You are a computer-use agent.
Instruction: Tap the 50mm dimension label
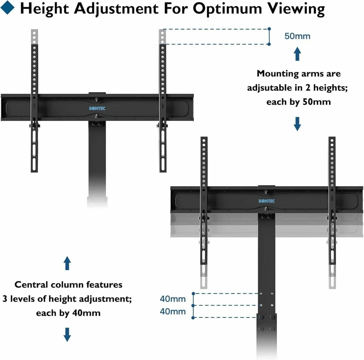(x=297, y=36)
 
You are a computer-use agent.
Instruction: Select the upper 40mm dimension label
(x=173, y=299)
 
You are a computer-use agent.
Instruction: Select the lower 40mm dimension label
(x=173, y=312)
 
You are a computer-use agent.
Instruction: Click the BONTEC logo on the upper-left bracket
(x=97, y=108)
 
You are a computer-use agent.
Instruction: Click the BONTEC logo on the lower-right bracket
(x=266, y=201)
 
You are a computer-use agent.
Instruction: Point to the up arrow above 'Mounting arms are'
(x=298, y=54)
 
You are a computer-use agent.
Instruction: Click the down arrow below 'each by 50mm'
(x=298, y=124)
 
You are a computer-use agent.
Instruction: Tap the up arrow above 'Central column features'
(x=67, y=263)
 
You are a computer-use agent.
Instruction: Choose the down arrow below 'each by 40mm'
(x=67, y=334)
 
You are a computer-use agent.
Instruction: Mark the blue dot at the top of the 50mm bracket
(x=269, y=29)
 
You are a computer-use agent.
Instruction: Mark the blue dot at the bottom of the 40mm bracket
(x=193, y=318)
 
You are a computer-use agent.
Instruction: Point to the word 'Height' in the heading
(x=44, y=8)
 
